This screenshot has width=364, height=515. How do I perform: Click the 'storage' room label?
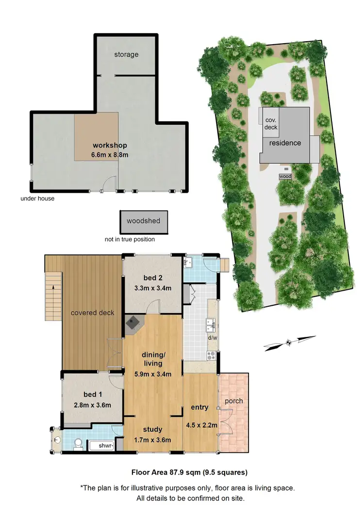click(x=126, y=54)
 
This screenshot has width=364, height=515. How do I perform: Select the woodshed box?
click(x=144, y=221)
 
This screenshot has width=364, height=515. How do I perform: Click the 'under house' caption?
click(x=37, y=199)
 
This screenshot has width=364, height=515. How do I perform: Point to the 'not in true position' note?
click(x=130, y=239)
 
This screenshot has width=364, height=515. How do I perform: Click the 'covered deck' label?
click(x=92, y=313)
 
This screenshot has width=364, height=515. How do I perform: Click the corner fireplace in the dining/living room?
click(x=132, y=324)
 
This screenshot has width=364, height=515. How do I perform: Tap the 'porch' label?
click(x=233, y=401)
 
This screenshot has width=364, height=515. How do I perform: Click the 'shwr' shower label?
click(x=105, y=446)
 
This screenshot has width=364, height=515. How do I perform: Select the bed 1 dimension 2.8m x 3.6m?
click(x=92, y=405)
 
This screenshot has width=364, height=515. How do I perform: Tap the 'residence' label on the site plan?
click(x=285, y=143)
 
